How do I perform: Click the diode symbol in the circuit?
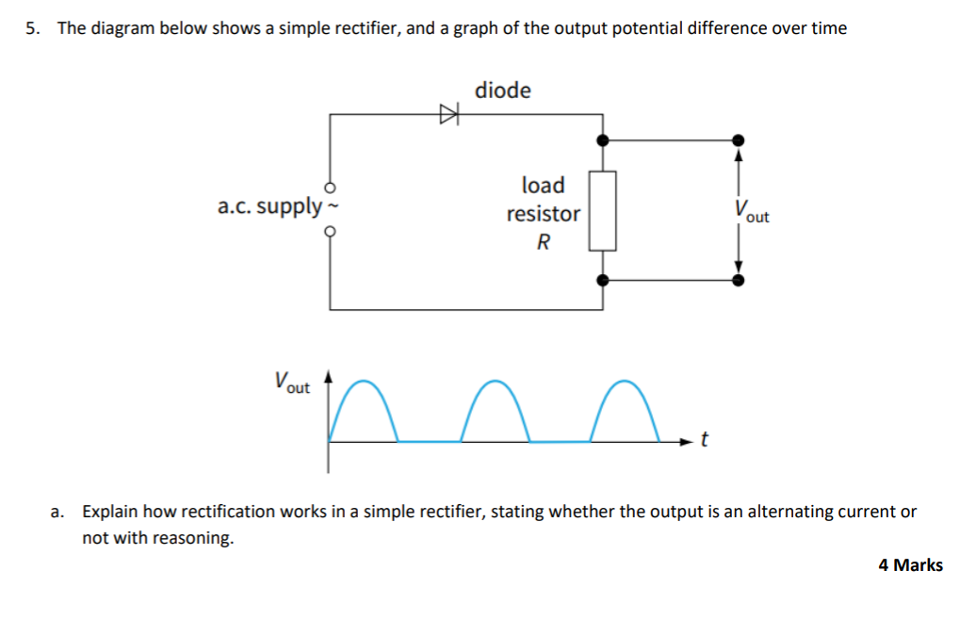pos(448,115)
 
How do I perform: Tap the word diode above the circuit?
pos(502,90)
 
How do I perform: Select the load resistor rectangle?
pos(603,210)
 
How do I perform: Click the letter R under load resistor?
pos(543,242)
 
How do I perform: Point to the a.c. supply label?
pos(269,206)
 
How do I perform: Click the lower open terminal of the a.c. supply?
pos(330,229)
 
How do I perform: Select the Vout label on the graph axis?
pos(291,383)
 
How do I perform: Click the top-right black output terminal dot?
pos(739,139)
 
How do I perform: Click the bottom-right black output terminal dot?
pos(739,280)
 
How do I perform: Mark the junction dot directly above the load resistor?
pos(603,139)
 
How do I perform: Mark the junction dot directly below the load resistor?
pos(603,280)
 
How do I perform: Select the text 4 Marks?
pos(910,565)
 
